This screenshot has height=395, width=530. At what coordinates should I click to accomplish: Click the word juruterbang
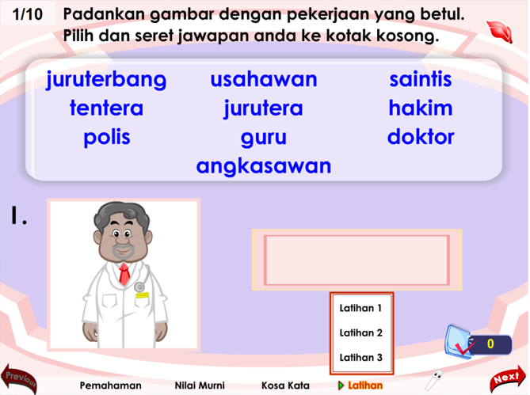click(x=106, y=81)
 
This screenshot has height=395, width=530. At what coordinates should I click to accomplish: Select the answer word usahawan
click(x=264, y=80)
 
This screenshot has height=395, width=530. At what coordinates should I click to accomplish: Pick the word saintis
click(x=421, y=79)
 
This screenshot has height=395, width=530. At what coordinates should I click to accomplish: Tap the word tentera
click(x=106, y=108)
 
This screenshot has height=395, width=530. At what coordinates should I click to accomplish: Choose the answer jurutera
click(x=263, y=108)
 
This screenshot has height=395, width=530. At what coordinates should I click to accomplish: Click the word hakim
click(x=421, y=108)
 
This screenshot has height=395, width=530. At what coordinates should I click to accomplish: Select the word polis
click(x=107, y=138)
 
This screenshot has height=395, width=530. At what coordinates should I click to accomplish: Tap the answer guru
click(x=264, y=139)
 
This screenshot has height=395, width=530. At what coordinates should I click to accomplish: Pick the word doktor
click(x=421, y=137)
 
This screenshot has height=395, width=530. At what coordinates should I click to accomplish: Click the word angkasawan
click(x=264, y=167)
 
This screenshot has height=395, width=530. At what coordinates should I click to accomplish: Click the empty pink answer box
click(x=357, y=260)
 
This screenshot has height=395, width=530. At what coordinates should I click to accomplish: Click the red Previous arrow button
click(x=20, y=379)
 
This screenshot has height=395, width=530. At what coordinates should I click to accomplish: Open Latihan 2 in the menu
click(x=361, y=333)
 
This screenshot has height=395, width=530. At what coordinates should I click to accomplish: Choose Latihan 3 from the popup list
click(x=361, y=358)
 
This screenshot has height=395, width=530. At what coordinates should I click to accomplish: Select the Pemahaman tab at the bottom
click(x=111, y=386)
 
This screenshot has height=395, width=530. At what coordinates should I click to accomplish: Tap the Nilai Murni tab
click(x=200, y=386)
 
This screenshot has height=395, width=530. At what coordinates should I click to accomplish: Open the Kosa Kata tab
click(x=285, y=386)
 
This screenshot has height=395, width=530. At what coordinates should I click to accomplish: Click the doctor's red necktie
click(x=124, y=274)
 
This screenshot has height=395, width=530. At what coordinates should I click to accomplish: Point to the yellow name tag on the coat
click(x=142, y=295)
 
